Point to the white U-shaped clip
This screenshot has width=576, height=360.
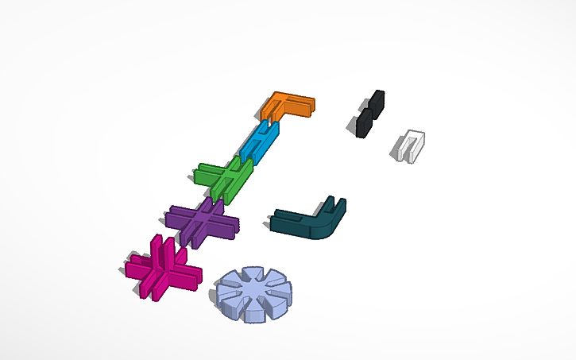coord(409,145)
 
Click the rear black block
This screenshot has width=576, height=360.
coord(377,103)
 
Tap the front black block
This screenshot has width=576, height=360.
coord(364,122)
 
